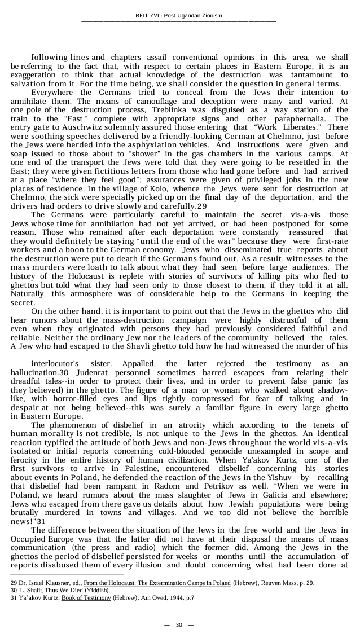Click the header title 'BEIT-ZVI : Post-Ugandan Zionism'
point(179,15)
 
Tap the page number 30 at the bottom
point(179,624)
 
